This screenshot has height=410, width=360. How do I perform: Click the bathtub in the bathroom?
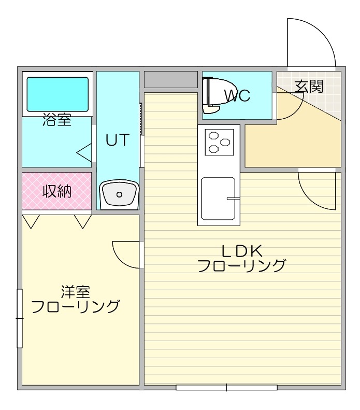click(57, 94)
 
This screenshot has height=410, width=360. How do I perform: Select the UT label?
click(118, 140)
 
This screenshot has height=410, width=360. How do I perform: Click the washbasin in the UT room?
click(119, 194)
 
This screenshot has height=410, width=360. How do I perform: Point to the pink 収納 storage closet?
click(56, 191)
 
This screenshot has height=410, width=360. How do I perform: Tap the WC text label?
click(237, 95)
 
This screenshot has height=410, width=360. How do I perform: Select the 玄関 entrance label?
click(309, 86)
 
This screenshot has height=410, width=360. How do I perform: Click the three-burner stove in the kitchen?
click(219, 142)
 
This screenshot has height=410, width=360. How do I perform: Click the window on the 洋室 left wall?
click(20, 318)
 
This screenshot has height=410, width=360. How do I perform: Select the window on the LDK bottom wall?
click(226, 387)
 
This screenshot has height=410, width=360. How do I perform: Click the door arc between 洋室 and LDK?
click(126, 254)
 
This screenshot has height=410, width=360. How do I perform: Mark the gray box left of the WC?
click(170, 79)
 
